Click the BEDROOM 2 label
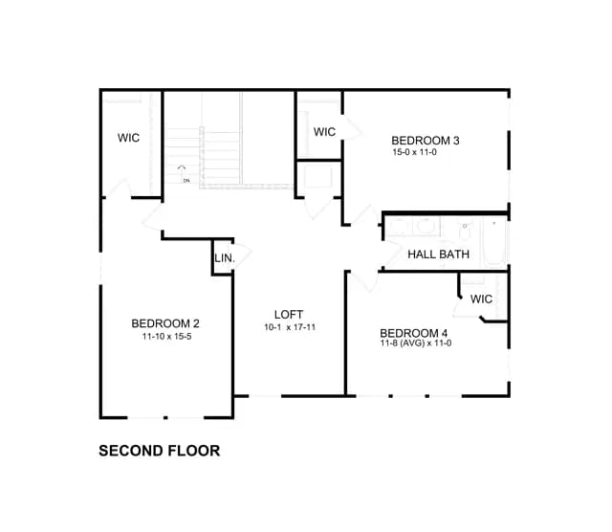tap(165, 323)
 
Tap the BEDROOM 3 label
tap(425, 141)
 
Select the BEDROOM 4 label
tap(413, 333)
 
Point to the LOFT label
tap(289, 315)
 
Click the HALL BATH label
tap(438, 255)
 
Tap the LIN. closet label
tap(225, 258)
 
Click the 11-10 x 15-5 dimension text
tap(166, 336)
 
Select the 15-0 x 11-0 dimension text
tap(414, 152)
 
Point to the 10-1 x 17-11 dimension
tap(290, 327)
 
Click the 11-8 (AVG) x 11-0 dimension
tap(416, 343)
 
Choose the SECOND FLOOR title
tap(160, 451)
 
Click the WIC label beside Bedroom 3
tap(324, 132)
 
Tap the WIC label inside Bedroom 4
tap(481, 299)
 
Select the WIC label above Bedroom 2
tap(128, 138)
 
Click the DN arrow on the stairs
tap(182, 170)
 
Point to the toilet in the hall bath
tap(465, 232)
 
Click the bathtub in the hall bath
tap(494, 242)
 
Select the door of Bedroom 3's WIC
tap(352, 127)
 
